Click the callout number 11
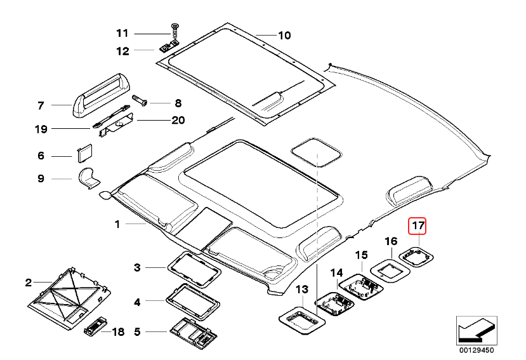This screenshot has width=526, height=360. click(x=122, y=33)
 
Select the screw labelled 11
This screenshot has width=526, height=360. click(x=173, y=30)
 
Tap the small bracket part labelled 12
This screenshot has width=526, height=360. click(x=168, y=47)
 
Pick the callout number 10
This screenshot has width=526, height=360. click(x=284, y=34)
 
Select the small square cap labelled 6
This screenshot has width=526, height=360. click(x=85, y=154)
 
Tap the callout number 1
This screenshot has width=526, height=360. click(x=117, y=224)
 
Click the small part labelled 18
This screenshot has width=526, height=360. click(x=95, y=328)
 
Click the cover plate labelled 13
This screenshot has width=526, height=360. click(x=302, y=316)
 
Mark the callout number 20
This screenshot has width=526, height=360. click(x=177, y=119)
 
